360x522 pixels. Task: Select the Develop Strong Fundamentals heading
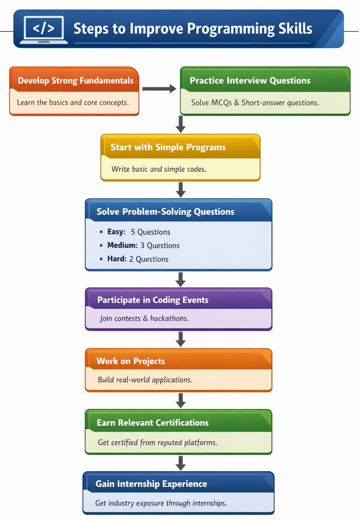[x=75, y=81]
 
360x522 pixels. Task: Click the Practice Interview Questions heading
[x=250, y=81]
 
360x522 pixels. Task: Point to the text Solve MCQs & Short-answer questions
[x=255, y=103]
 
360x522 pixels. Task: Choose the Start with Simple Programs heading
[x=168, y=147]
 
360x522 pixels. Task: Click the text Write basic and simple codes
[x=159, y=169]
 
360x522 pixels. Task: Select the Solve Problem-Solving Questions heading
[x=165, y=212]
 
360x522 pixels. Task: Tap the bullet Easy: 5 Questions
[x=138, y=232]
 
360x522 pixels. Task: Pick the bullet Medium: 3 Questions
[x=143, y=245]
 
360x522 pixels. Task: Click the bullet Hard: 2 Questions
[x=138, y=259]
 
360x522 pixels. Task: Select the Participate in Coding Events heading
[x=153, y=300]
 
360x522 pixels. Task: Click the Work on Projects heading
[x=131, y=361]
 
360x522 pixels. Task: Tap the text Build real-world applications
[x=145, y=380]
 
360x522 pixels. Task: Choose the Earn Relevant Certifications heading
[x=153, y=423]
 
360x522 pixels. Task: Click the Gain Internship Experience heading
[x=151, y=484]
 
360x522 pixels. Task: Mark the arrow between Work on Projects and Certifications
[x=181, y=401]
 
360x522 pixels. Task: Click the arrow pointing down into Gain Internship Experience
[x=181, y=463]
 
